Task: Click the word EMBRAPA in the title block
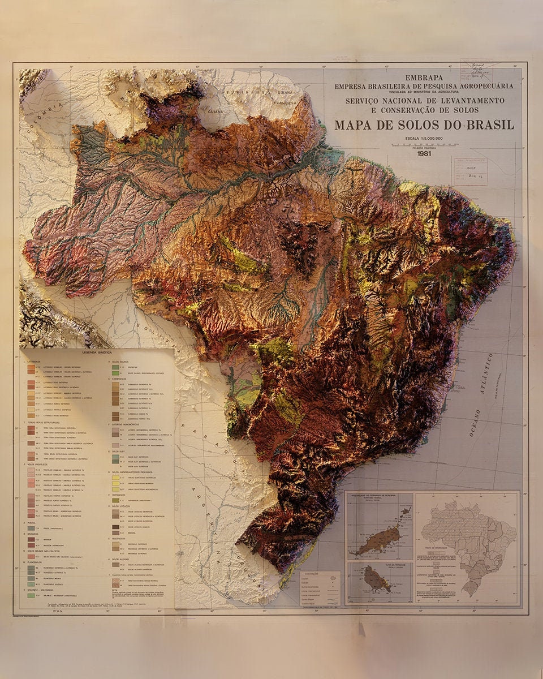[424, 77]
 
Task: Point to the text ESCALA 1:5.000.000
[424, 139]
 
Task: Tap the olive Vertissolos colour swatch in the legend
[115, 500]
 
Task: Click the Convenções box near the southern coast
[320, 588]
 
